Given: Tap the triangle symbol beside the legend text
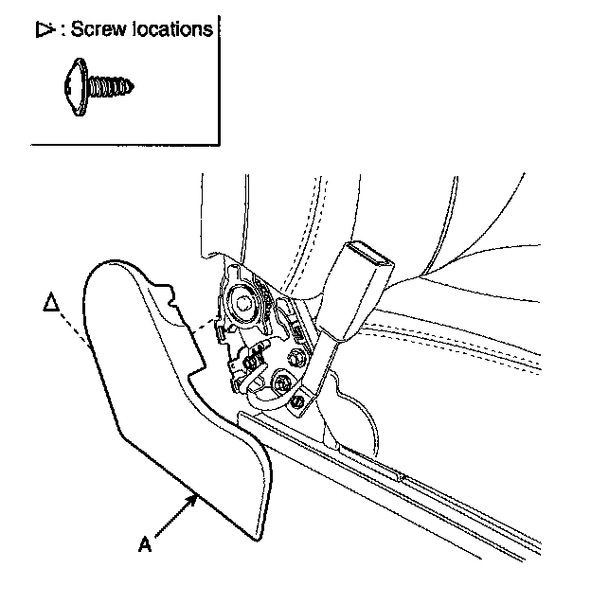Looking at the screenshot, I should (x=43, y=30).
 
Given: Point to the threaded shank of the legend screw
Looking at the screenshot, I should (x=116, y=88).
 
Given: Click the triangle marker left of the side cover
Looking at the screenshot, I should (x=53, y=303).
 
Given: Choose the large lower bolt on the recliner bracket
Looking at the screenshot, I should (x=281, y=384).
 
